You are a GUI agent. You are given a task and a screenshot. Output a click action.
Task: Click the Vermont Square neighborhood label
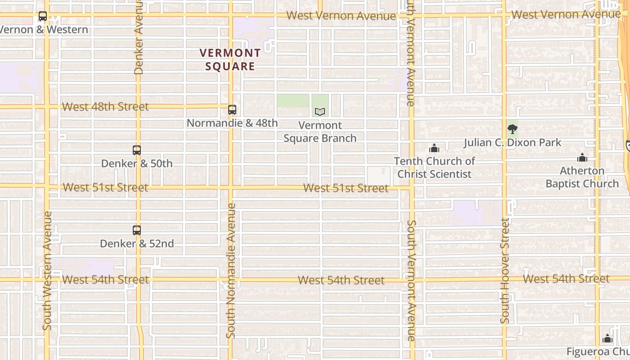click(230, 59)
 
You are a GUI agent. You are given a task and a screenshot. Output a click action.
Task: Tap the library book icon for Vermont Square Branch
click(320, 112)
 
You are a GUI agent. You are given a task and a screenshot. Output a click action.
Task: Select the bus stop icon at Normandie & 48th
click(232, 109)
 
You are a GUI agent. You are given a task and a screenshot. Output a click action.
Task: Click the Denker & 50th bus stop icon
click(137, 150)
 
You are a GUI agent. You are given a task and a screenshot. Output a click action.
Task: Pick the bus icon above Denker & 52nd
click(137, 230)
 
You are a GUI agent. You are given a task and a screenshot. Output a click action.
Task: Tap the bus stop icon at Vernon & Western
click(43, 17)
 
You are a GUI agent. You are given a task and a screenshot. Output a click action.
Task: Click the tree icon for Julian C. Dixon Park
click(512, 130)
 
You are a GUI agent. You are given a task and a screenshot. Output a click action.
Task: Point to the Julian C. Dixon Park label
click(513, 143)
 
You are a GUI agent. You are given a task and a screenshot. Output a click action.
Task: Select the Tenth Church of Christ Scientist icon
click(434, 148)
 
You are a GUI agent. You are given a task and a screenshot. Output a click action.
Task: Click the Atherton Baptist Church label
click(582, 177)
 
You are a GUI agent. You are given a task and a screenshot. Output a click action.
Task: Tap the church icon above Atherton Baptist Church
click(582, 158)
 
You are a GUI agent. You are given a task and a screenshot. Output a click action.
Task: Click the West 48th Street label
click(105, 107)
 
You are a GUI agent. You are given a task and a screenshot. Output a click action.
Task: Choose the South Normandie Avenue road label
click(231, 270)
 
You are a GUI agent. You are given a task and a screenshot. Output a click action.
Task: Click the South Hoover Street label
click(505, 270)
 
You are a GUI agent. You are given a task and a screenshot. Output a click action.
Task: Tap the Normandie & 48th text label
click(232, 123)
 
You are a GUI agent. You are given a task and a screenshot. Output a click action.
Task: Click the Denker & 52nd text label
click(137, 243)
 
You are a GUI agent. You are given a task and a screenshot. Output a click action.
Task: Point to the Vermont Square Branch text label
click(320, 132)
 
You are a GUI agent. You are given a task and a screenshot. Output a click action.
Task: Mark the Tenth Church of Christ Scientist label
click(434, 167)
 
